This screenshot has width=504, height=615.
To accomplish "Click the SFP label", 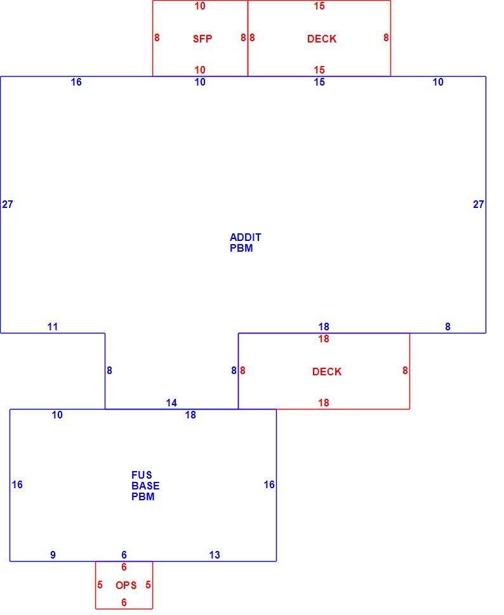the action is (202, 39).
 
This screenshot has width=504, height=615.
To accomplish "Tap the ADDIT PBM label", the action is (245, 242).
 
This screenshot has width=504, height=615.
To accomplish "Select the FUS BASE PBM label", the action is (145, 486).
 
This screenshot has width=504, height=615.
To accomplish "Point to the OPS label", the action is (126, 585).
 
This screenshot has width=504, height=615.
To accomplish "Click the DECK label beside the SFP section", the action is (322, 39).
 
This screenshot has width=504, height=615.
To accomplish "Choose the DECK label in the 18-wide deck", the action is (327, 372).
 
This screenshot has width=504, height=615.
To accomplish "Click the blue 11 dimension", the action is (53, 327).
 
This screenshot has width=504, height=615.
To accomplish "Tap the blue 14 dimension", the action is (171, 403).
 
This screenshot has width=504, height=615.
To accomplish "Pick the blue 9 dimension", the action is (53, 555).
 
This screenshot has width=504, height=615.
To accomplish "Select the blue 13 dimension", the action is (215, 555).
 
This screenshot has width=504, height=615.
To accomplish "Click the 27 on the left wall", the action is (8, 204).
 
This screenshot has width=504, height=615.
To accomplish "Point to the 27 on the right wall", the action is (479, 204).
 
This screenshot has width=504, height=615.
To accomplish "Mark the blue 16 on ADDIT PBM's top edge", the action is (76, 82).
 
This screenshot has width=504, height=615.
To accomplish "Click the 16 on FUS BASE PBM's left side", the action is (17, 484).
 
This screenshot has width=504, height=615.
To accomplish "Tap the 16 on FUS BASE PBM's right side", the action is (269, 484).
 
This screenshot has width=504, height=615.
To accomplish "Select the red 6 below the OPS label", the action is (124, 602).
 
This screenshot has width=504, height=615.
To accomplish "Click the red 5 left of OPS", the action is (100, 585).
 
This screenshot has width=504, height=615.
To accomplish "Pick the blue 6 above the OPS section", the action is (124, 555).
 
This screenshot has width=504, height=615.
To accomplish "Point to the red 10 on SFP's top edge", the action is (200, 6).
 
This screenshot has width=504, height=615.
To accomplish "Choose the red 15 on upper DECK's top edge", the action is (319, 6).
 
